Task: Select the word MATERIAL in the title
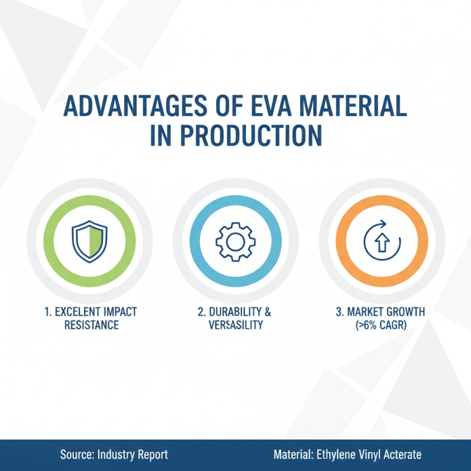coord(353,107)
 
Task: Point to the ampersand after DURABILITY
coord(268,312)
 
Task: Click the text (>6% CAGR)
coord(379,325)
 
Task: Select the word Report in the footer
coord(150,455)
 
